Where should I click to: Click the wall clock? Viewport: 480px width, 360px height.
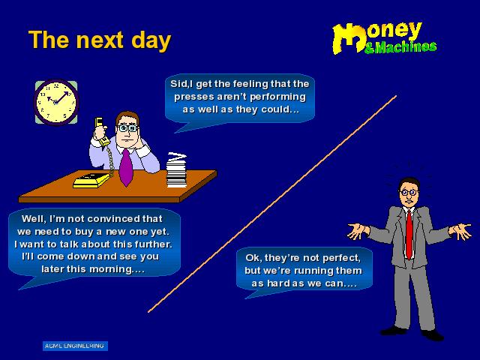[56, 102]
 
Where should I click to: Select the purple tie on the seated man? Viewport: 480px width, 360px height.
[125, 167]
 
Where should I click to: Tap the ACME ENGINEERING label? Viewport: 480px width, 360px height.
[75, 346]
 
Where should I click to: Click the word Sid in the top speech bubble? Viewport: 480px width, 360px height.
[177, 83]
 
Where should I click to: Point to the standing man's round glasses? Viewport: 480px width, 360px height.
[409, 192]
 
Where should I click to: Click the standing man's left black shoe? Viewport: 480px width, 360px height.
[394, 331]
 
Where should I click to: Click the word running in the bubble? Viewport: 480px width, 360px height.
[313, 271]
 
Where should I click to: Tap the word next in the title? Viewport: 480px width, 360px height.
[100, 40]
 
